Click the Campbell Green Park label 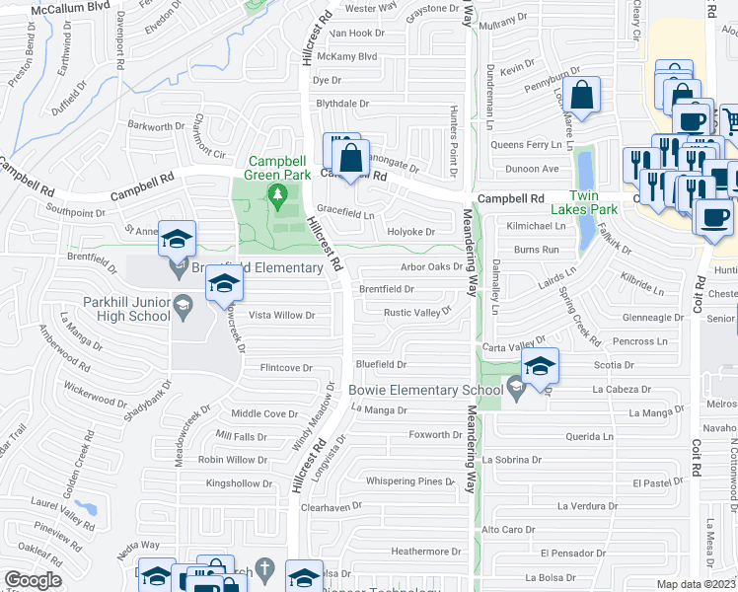[x=277, y=168]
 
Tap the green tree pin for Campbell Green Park [x=278, y=196]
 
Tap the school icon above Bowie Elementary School [x=539, y=366]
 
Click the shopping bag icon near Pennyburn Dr [x=582, y=97]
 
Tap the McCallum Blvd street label [x=70, y=9]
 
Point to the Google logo [x=32, y=580]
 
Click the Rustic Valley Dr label [x=416, y=311]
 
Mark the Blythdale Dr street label [x=341, y=103]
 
